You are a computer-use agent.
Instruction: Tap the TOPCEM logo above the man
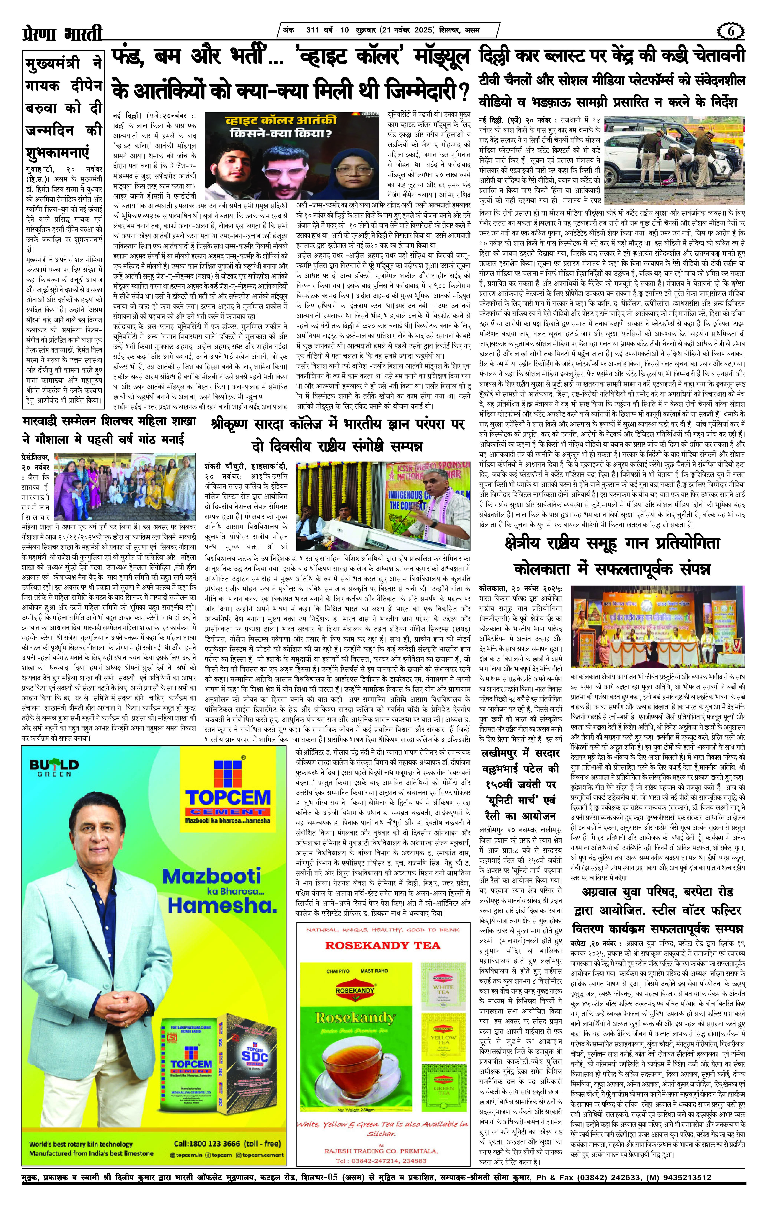pos(228,791)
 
